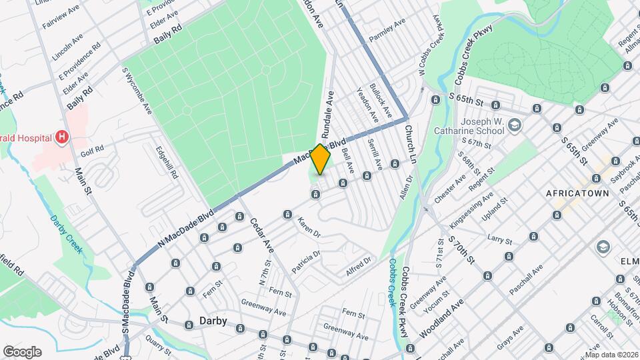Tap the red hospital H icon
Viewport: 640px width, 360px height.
point(62,137)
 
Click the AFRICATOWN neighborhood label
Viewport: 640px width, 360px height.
point(578,193)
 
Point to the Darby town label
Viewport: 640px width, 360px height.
point(213,321)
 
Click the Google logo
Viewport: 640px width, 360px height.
point(22,351)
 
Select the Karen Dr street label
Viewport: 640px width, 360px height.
point(309,227)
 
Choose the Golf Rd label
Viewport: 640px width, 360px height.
point(93,149)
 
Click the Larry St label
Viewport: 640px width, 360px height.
point(498,238)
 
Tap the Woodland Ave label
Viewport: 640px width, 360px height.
point(441,319)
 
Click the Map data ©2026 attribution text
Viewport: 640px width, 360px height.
point(611,354)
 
